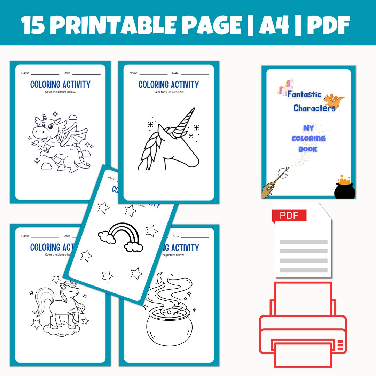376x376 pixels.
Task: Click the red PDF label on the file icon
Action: pyautogui.click(x=289, y=216)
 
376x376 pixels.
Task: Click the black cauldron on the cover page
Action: pyautogui.click(x=345, y=188)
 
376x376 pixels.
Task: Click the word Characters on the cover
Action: pyautogui.click(x=314, y=108)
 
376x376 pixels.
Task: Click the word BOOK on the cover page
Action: pyautogui.click(x=308, y=149)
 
